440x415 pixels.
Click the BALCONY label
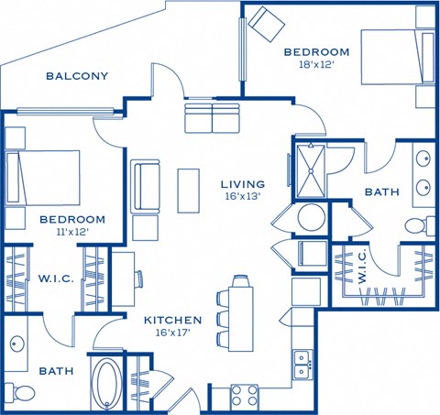click(77, 76)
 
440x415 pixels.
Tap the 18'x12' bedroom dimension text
click(316, 65)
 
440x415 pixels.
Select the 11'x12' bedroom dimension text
click(71, 234)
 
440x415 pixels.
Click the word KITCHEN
click(172, 320)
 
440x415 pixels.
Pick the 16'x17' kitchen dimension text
click(172, 333)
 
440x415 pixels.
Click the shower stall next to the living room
click(313, 167)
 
